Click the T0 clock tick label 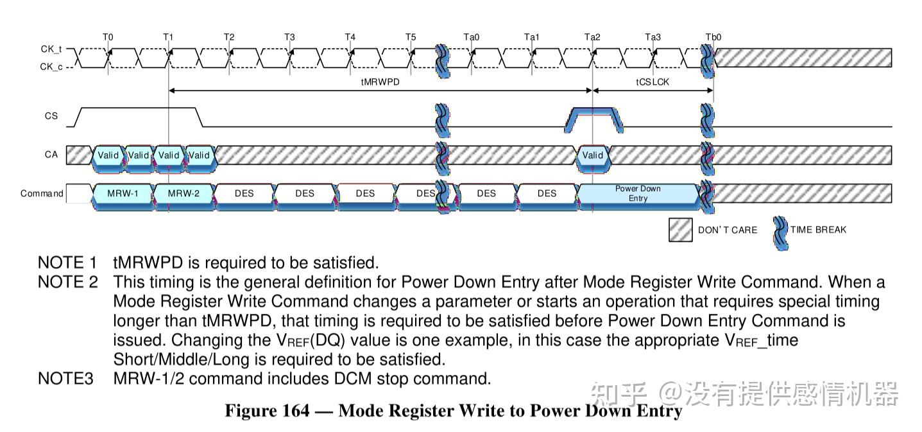(108, 37)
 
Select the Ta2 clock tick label (592, 37)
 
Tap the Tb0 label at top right (713, 37)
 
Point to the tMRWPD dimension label (380, 82)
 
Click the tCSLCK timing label (653, 82)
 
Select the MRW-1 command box (123, 193)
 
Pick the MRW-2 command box (184, 193)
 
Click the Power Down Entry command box (638, 193)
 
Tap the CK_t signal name (51, 49)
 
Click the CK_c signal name (51, 66)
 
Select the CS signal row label (51, 116)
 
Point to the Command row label (42, 193)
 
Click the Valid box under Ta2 (592, 155)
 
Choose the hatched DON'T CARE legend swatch (680, 230)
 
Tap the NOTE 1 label (67, 263)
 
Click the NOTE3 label (65, 379)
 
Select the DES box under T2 (244, 193)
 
